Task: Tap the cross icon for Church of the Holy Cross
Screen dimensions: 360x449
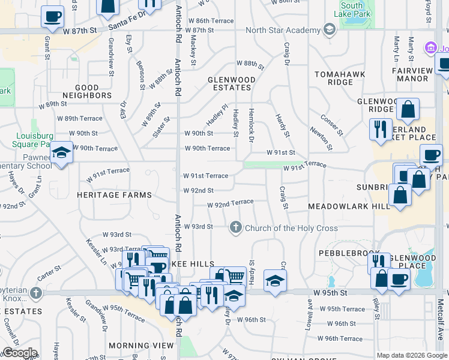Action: tap(236, 228)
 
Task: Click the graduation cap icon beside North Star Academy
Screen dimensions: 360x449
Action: tap(329, 29)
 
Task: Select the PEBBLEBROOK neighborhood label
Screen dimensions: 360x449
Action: tap(341, 253)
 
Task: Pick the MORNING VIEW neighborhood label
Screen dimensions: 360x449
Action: tap(141, 346)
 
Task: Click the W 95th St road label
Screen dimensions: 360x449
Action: tap(330, 292)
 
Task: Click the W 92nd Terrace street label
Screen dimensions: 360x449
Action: tap(230, 205)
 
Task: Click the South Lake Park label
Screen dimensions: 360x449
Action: tap(354, 10)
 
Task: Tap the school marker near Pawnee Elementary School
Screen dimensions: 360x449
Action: tap(61, 154)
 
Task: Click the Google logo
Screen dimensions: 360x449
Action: tap(19, 353)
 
